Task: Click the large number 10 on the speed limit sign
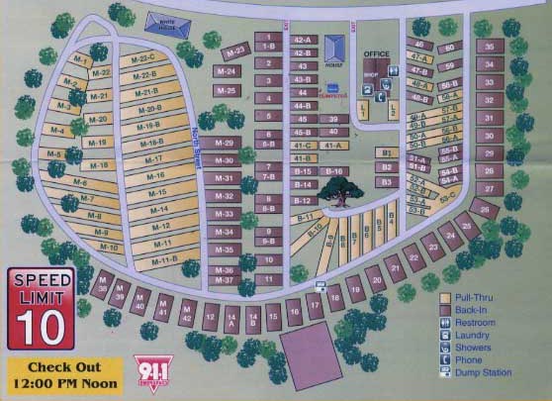38,323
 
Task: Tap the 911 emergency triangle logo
145,369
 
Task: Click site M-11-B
165,259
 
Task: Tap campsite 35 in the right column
488,47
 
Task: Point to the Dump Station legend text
482,373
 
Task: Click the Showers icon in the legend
446,348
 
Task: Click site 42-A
303,40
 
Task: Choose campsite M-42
186,317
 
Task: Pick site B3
388,182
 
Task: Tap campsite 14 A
232,319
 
